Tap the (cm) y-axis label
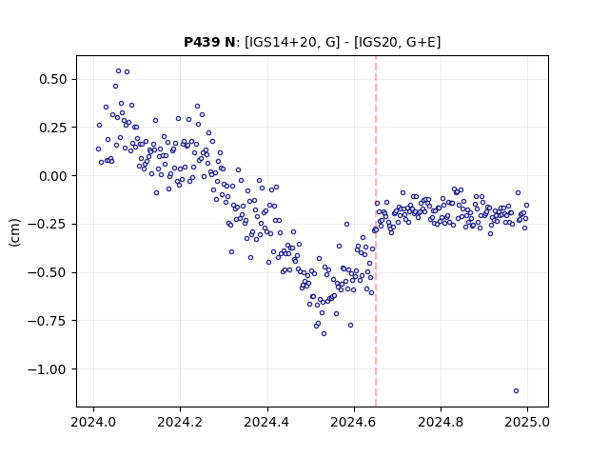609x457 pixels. click(x=15, y=232)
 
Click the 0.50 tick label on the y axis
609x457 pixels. click(x=53, y=79)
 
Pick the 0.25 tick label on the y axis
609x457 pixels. click(x=53, y=128)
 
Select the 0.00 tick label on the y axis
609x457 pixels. click(x=53, y=176)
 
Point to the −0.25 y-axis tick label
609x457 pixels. click(x=48, y=225)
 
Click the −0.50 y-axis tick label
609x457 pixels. click(x=48, y=272)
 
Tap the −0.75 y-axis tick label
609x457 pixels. click(x=48, y=321)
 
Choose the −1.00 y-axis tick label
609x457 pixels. click(x=48, y=369)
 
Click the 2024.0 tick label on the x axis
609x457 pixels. click(x=93, y=422)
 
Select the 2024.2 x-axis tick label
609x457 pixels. click(x=180, y=422)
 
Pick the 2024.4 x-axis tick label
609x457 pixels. click(x=267, y=422)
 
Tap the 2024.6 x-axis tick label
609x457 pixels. click(x=354, y=422)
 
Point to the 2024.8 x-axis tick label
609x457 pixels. click(x=441, y=422)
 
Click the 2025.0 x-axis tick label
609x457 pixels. click(x=527, y=422)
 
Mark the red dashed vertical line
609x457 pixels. click(x=376, y=231)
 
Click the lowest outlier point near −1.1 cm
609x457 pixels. click(x=516, y=391)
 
